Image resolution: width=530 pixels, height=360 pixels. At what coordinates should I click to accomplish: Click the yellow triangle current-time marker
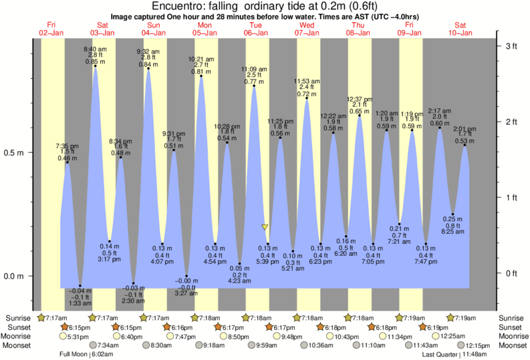(265, 228)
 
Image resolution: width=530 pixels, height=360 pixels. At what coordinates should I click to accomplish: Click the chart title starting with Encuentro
(265, 6)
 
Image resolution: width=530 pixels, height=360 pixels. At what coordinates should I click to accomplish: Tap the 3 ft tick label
(511, 46)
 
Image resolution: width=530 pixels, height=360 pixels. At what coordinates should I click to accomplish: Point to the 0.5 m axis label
(13, 152)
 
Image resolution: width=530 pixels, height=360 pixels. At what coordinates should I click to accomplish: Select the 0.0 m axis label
(13, 276)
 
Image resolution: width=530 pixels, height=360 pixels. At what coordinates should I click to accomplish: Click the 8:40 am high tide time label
(95, 49)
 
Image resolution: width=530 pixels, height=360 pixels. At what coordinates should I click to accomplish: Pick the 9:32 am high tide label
(148, 51)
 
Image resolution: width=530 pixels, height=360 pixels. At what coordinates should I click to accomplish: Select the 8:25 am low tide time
(453, 232)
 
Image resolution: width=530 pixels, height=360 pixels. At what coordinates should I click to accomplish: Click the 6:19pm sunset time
(438, 327)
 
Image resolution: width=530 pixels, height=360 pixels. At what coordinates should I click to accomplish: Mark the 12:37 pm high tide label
(359, 99)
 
